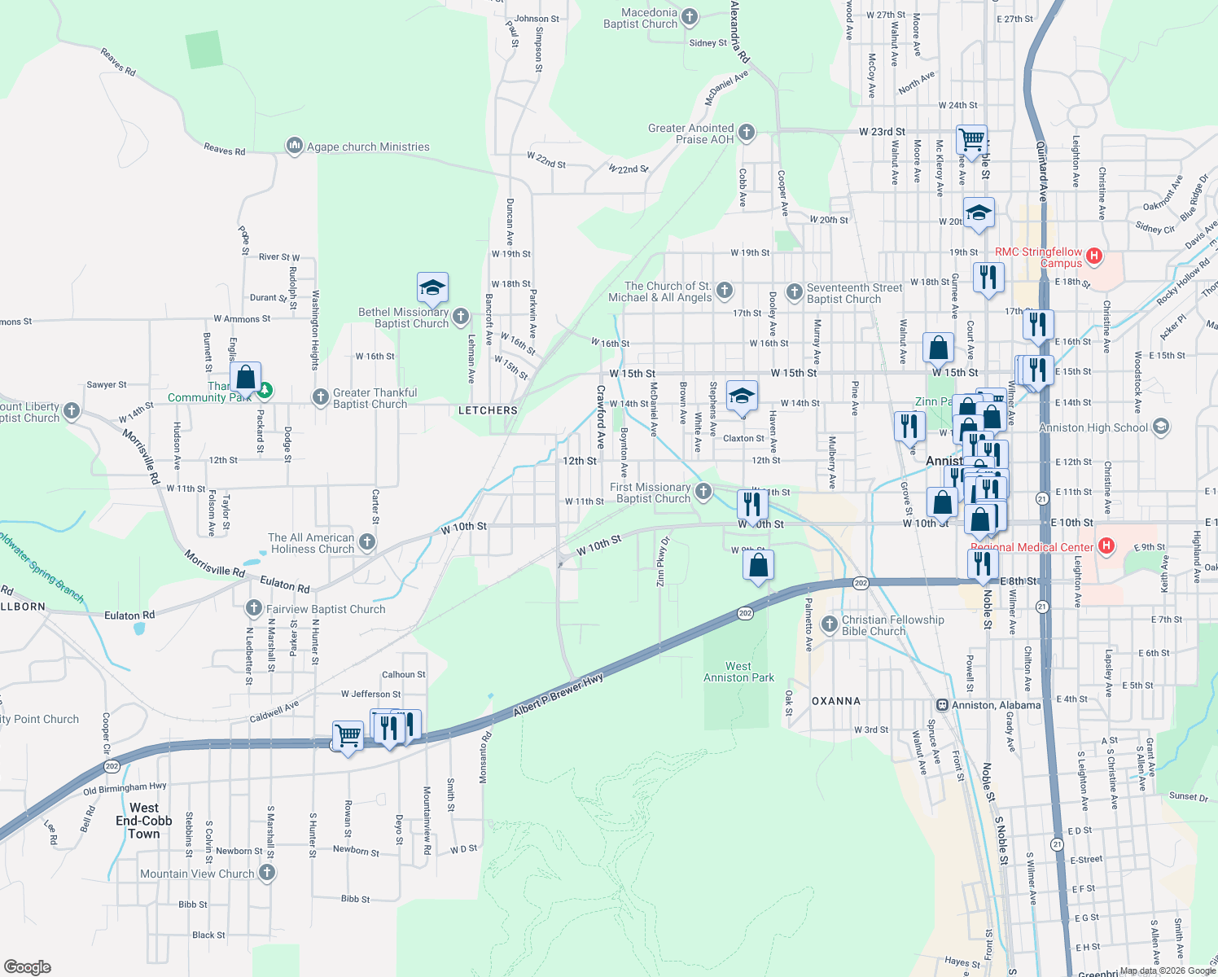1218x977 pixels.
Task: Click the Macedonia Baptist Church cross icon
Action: click(x=690, y=16)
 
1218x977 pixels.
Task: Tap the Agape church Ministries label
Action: click(x=368, y=147)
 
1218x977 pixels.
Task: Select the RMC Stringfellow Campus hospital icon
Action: click(x=1094, y=256)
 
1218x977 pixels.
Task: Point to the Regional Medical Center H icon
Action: click(x=1106, y=546)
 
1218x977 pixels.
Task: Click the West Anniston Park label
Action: click(x=738, y=672)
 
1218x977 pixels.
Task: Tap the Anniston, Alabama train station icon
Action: click(x=942, y=705)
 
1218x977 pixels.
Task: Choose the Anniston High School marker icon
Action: click(x=1161, y=427)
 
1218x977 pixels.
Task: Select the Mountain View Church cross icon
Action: click(x=266, y=873)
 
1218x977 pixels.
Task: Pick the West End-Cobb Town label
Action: click(x=144, y=821)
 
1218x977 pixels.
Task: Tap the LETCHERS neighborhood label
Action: click(x=488, y=410)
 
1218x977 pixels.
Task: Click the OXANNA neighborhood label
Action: click(x=836, y=701)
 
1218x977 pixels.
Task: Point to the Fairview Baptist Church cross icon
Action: click(x=253, y=608)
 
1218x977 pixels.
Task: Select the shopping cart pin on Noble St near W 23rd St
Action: click(x=972, y=140)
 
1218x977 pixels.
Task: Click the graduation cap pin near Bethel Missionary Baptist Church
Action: click(x=432, y=287)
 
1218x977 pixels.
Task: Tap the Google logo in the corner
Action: click(x=28, y=967)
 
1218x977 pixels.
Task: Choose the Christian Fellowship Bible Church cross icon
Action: click(x=830, y=624)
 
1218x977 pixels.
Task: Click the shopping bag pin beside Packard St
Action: click(x=245, y=378)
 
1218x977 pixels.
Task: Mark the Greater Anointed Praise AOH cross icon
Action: click(x=747, y=133)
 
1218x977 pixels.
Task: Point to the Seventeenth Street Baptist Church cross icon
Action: click(x=794, y=291)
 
